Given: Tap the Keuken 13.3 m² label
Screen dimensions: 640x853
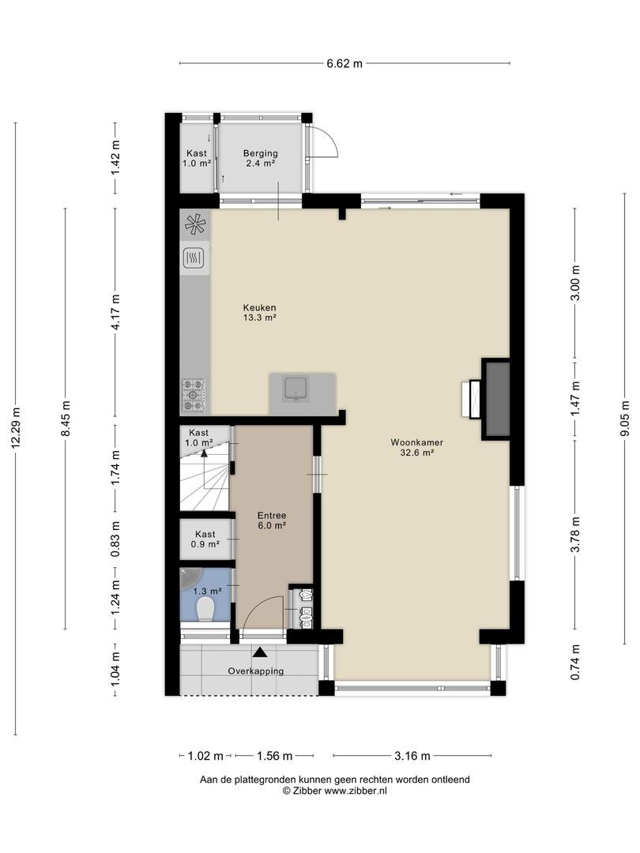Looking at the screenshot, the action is click(x=260, y=312).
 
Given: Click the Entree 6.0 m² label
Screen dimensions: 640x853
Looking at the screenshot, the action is click(x=272, y=520).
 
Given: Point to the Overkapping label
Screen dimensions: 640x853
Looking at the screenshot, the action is click(x=256, y=671).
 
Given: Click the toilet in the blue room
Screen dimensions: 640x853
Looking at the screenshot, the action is click(x=205, y=609).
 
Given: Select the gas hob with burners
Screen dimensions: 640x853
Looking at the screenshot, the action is click(x=194, y=394).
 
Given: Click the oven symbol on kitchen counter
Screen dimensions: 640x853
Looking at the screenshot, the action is click(x=194, y=257).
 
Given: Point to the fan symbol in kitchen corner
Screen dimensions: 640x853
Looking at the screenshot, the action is click(x=195, y=224).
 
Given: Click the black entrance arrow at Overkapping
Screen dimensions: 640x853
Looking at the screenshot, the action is click(x=260, y=652).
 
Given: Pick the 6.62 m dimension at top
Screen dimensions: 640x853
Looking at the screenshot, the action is click(x=344, y=63).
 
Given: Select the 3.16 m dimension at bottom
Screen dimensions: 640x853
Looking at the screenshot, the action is click(x=412, y=756).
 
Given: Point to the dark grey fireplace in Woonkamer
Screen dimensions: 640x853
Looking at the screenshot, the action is click(x=497, y=399).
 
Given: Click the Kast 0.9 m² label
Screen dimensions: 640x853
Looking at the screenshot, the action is click(x=205, y=539).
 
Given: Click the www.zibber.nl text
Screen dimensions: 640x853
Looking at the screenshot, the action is click(x=356, y=791).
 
